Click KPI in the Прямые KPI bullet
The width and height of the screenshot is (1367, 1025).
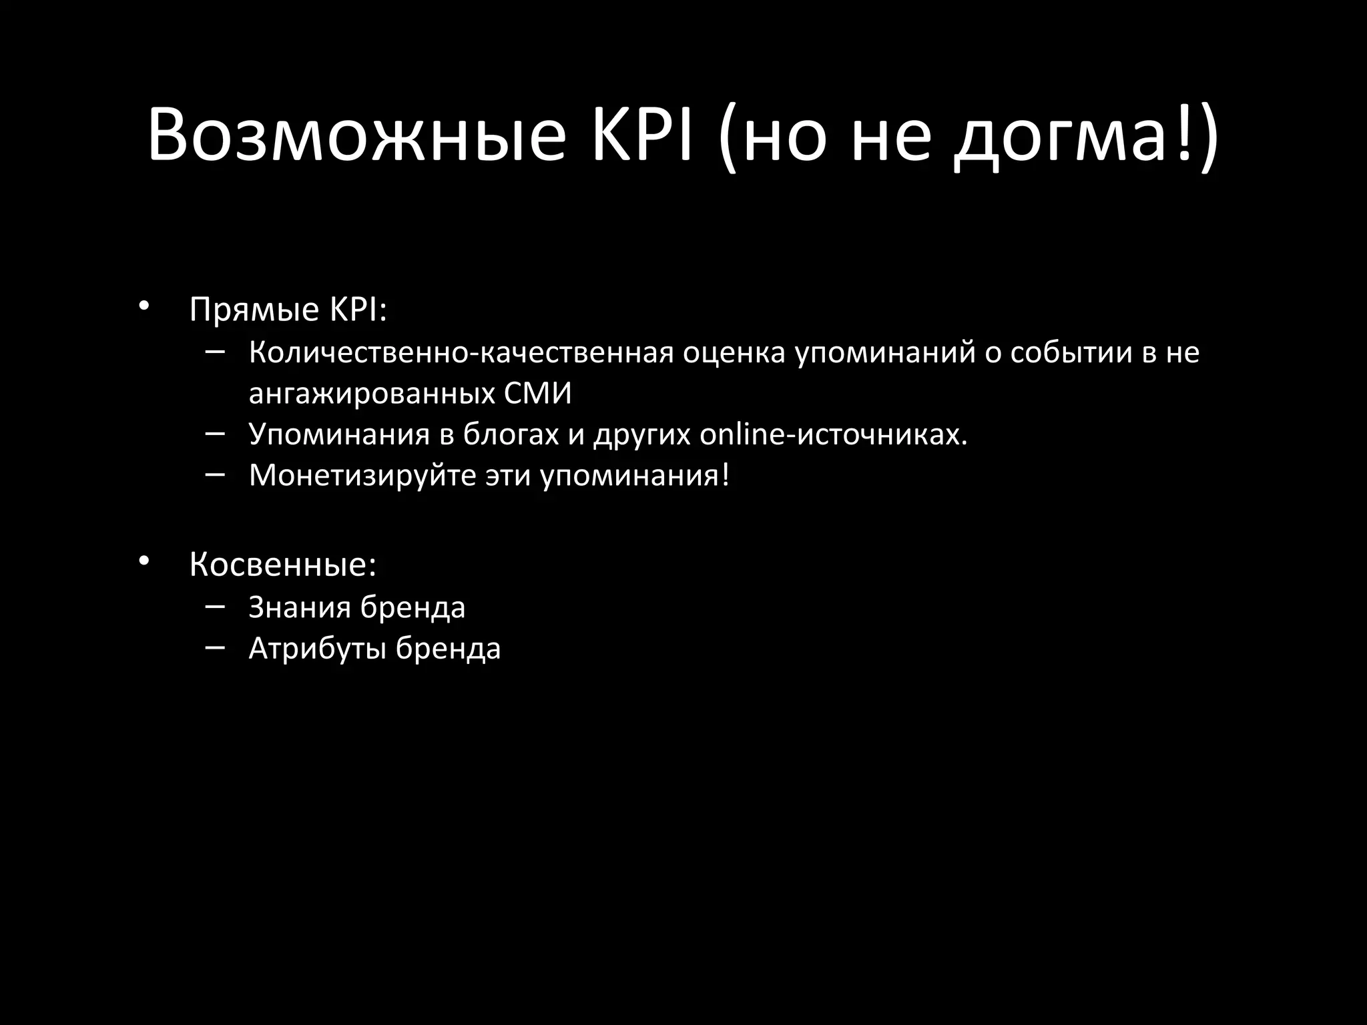(357, 310)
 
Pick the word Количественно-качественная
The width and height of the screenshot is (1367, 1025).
(461, 353)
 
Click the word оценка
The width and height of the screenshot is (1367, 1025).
(734, 353)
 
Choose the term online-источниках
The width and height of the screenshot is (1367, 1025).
(833, 435)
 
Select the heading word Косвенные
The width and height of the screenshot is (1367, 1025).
(282, 565)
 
